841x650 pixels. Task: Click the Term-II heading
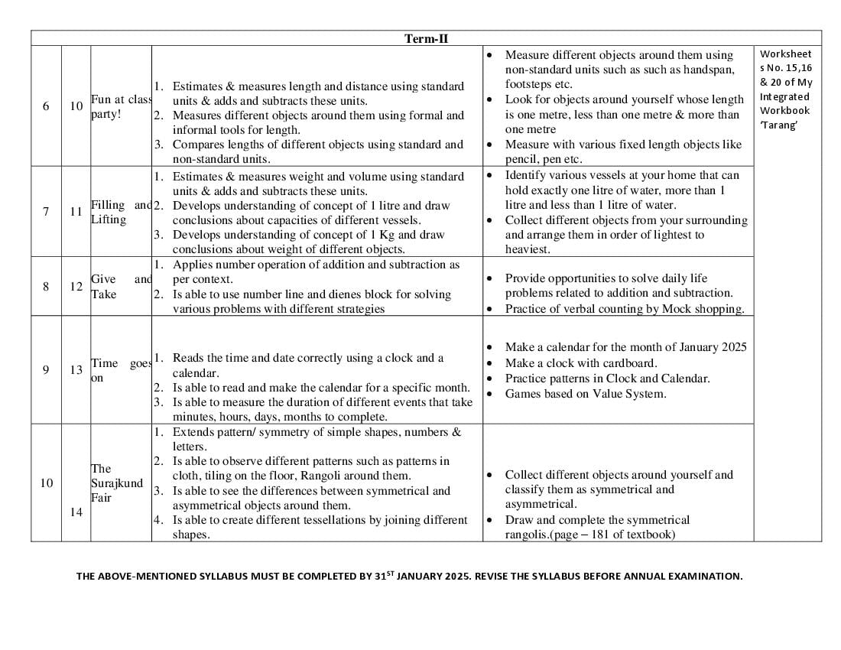(426, 39)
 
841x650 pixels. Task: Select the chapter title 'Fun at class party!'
(121, 106)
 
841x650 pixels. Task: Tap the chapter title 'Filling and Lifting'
(121, 212)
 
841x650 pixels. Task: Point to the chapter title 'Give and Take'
(121, 286)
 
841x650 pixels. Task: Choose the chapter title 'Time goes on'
(121, 370)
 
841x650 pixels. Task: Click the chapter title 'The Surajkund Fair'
(116, 483)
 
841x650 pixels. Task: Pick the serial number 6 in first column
(46, 106)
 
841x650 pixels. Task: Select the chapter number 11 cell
(76, 212)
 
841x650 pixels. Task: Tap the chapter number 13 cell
(76, 370)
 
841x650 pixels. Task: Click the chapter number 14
(76, 512)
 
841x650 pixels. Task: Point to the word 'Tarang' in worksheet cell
(779, 125)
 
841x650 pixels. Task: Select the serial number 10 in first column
(46, 483)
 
